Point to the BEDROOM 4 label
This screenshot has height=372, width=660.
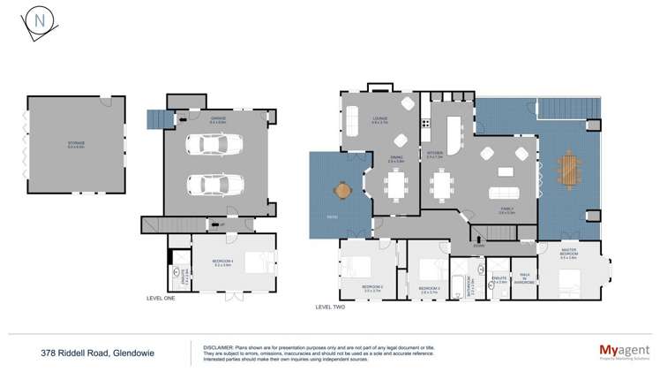[221, 263]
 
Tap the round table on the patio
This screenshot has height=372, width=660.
[341, 189]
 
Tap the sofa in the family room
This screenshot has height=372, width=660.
[505, 194]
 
